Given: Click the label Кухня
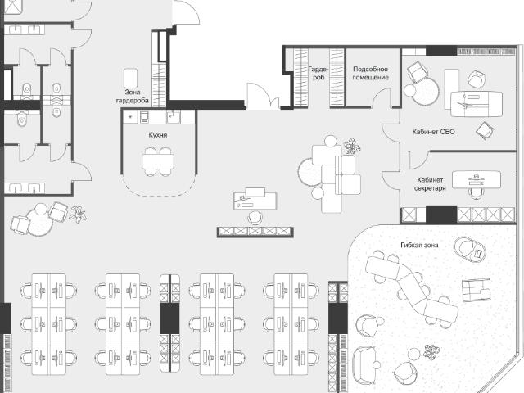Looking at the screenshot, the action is tap(158, 135).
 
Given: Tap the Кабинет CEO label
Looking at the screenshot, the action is tap(433, 132).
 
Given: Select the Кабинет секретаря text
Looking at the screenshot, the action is tap(430, 184).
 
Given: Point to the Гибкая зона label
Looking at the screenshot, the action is tap(419, 245).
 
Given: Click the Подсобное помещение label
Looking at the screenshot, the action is tap(371, 73).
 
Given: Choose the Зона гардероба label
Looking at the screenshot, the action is tap(133, 97).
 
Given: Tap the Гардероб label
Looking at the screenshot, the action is tap(318, 73).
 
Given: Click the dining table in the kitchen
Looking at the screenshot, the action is tap(158, 162).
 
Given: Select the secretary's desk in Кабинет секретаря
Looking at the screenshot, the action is tap(477, 180).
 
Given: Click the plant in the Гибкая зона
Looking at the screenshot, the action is tap(431, 352).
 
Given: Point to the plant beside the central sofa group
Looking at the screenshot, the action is tap(352, 147).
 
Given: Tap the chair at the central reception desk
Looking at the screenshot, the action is tap(255, 217).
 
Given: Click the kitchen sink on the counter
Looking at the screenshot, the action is tap(173, 116).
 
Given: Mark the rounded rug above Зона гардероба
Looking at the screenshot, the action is tap(131, 79).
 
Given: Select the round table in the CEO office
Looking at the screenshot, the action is tap(425, 91).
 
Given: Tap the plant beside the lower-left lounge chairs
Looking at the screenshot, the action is tap(78, 215).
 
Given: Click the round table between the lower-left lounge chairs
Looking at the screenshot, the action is tap(40, 220).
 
